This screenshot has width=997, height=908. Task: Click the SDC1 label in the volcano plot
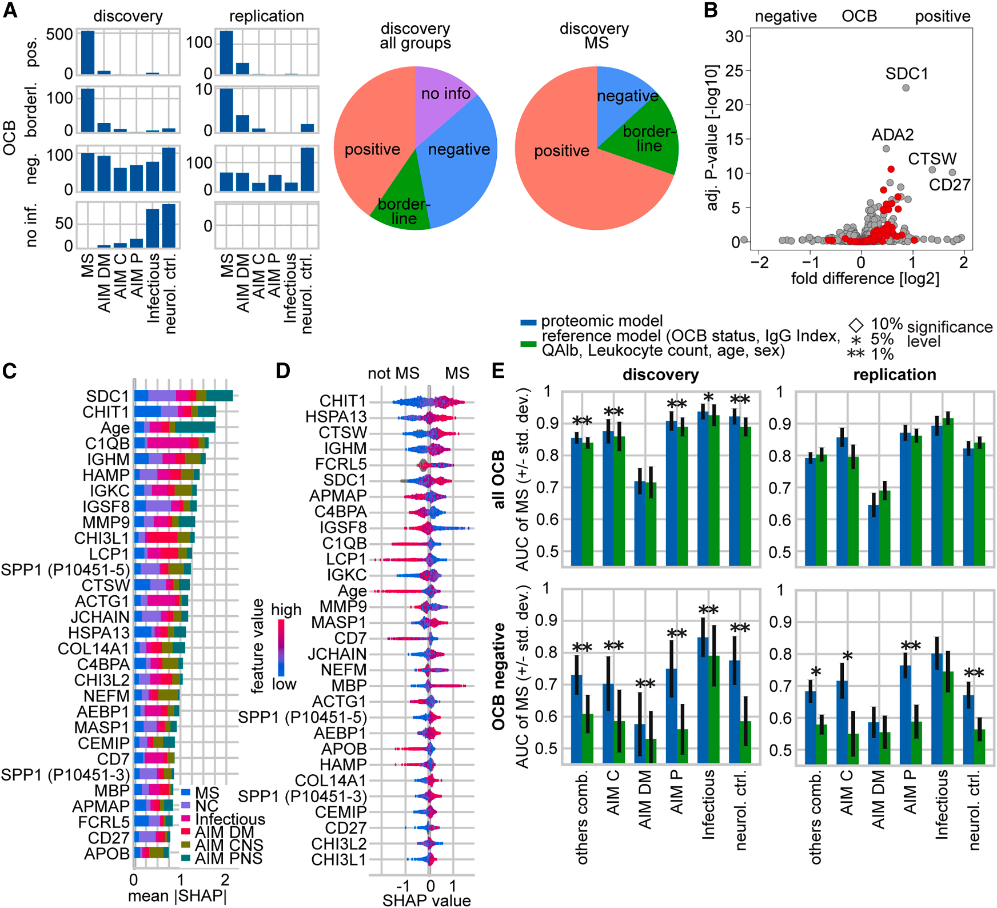(x=906, y=74)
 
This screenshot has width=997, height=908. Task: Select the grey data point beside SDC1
(x=906, y=88)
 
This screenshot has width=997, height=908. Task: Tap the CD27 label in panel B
(x=949, y=185)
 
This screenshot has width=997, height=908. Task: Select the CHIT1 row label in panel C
(x=106, y=412)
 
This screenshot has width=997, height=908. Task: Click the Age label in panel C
(x=115, y=428)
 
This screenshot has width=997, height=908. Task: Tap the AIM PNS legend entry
(x=228, y=858)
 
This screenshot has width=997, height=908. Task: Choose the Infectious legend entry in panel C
(x=230, y=819)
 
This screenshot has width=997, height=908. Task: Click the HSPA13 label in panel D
(x=336, y=417)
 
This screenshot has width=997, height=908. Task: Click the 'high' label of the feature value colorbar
(x=286, y=610)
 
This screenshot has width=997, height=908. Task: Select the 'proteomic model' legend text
(x=601, y=321)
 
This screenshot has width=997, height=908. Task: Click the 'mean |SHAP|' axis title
(x=177, y=896)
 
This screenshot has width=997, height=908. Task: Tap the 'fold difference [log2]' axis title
(x=865, y=278)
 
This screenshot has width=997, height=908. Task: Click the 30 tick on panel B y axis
(x=734, y=37)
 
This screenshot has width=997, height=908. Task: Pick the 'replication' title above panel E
(x=894, y=375)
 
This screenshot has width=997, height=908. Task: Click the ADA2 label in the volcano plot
(x=892, y=135)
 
